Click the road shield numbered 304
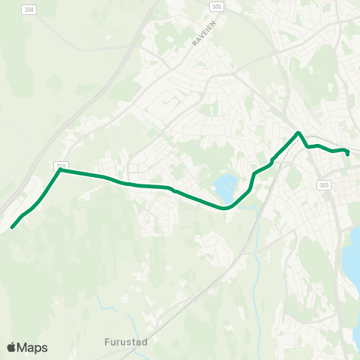point(28,10)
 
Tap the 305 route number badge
point(217,5)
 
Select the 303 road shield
point(324,185)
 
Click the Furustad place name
point(126,340)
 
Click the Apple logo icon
point(11,347)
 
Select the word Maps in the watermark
point(32,347)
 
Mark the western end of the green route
point(12,226)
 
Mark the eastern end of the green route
point(348,154)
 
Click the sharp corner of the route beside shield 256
point(60,170)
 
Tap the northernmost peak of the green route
point(298,133)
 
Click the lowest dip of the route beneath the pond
point(225,208)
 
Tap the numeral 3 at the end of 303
point(328,185)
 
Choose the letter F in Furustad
point(107,340)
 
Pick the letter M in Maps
point(22,347)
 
